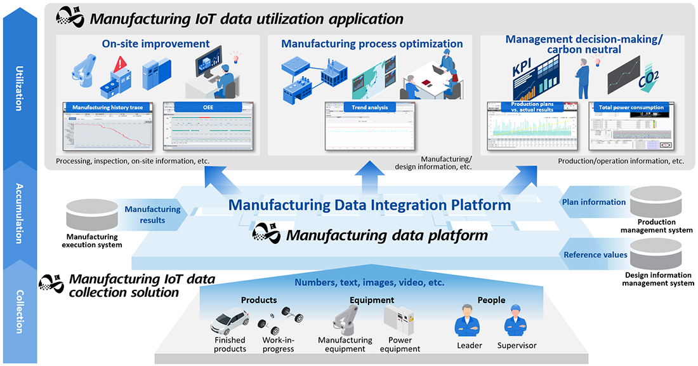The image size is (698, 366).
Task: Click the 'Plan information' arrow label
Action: point(594,202)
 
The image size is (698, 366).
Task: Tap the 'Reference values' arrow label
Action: point(595,255)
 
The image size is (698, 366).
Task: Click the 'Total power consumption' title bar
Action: point(631,107)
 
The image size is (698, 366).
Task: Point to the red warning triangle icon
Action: point(121,64)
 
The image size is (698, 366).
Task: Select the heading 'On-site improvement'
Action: point(155,44)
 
